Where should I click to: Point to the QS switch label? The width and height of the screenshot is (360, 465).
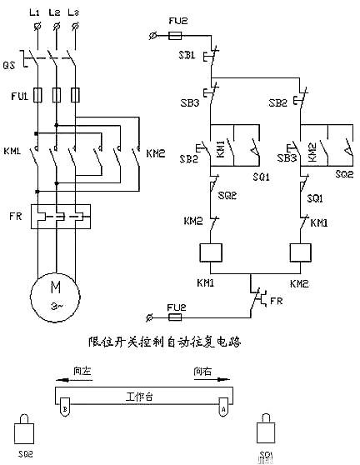pyautogui.click(x=10, y=63)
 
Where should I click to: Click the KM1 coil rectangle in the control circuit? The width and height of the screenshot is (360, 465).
pyautogui.click(x=212, y=253)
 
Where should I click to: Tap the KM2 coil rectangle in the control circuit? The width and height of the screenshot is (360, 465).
pyautogui.click(x=300, y=253)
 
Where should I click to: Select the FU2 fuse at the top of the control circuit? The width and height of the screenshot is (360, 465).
pyautogui.click(x=177, y=35)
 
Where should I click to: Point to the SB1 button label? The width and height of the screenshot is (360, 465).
pyautogui.click(x=187, y=54)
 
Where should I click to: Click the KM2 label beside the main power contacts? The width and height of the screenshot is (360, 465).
pyautogui.click(x=156, y=153)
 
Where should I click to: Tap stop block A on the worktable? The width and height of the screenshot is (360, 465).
pyautogui.click(x=222, y=409)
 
